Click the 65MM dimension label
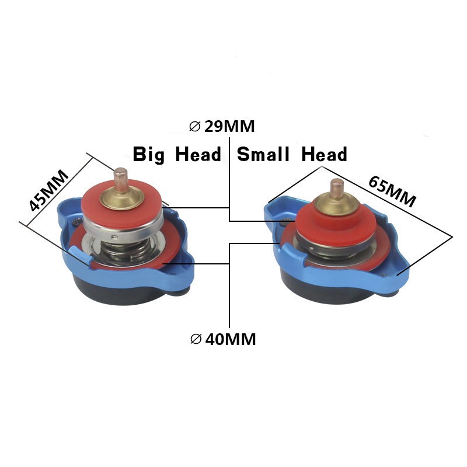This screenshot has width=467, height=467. (x=392, y=190)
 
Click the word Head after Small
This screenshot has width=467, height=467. (x=325, y=155)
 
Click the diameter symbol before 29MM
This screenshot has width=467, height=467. (x=195, y=126)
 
